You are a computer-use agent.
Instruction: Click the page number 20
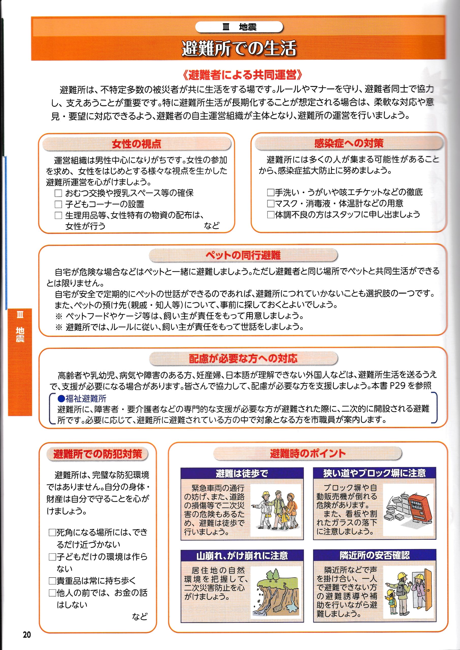[x=27, y=635]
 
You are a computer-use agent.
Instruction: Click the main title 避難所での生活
[x=239, y=48]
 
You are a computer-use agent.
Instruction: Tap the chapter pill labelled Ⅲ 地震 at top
[x=239, y=27]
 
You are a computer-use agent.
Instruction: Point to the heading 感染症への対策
[x=349, y=143]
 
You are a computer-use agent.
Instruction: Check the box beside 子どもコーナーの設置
[x=58, y=204]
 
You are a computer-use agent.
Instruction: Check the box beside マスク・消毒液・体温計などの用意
[x=271, y=204]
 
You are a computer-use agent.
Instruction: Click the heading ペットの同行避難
[x=243, y=255]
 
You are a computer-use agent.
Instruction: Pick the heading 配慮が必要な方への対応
[x=243, y=359]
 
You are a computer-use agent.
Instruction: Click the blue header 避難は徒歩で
[x=242, y=473]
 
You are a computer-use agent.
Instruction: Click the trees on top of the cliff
[x=273, y=575]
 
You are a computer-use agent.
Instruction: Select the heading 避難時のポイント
[x=308, y=453]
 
